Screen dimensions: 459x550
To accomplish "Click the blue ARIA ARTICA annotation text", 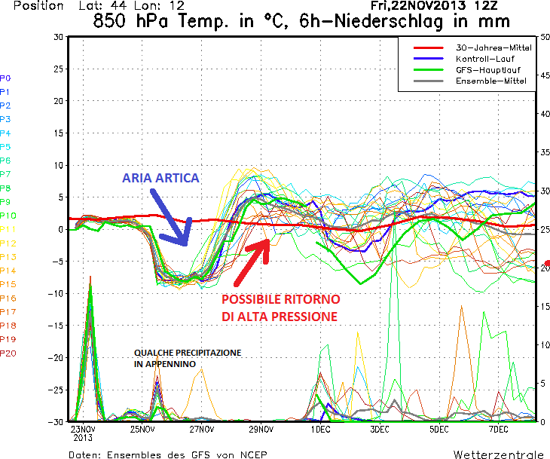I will tap(160, 179).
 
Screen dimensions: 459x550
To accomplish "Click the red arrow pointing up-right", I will tap(252, 262).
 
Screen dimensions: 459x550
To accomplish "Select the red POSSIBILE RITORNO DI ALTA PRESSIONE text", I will tap(280, 308).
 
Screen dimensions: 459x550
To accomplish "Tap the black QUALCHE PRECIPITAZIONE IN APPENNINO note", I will tap(188, 358).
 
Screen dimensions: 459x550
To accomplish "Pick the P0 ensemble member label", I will tap(6, 78).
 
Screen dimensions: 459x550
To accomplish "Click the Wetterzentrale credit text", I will tap(497, 454).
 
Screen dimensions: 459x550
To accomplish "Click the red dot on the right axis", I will tap(547, 265).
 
